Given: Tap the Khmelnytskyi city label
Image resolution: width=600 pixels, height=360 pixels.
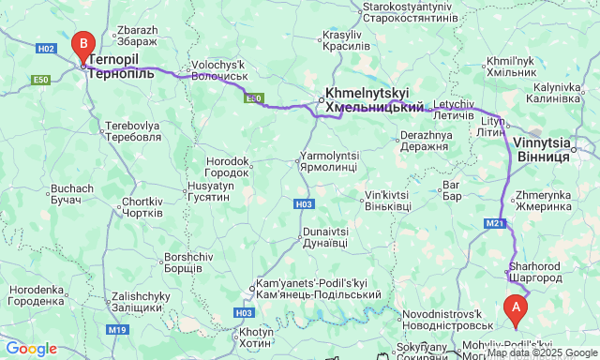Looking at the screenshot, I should point(374,101).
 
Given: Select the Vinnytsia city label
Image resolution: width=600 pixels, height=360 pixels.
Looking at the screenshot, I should point(543,150).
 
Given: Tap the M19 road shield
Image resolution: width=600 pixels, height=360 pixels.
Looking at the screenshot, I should point(116,329).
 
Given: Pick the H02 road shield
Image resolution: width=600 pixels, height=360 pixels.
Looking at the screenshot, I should point(47,48).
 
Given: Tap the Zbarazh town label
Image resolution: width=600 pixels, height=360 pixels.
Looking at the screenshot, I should point(137,36).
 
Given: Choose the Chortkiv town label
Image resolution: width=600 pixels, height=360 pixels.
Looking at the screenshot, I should point(142,207).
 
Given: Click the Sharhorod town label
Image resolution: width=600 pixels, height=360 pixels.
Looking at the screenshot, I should point(534,272).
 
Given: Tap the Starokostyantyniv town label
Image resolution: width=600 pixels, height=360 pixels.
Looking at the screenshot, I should point(410,12).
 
